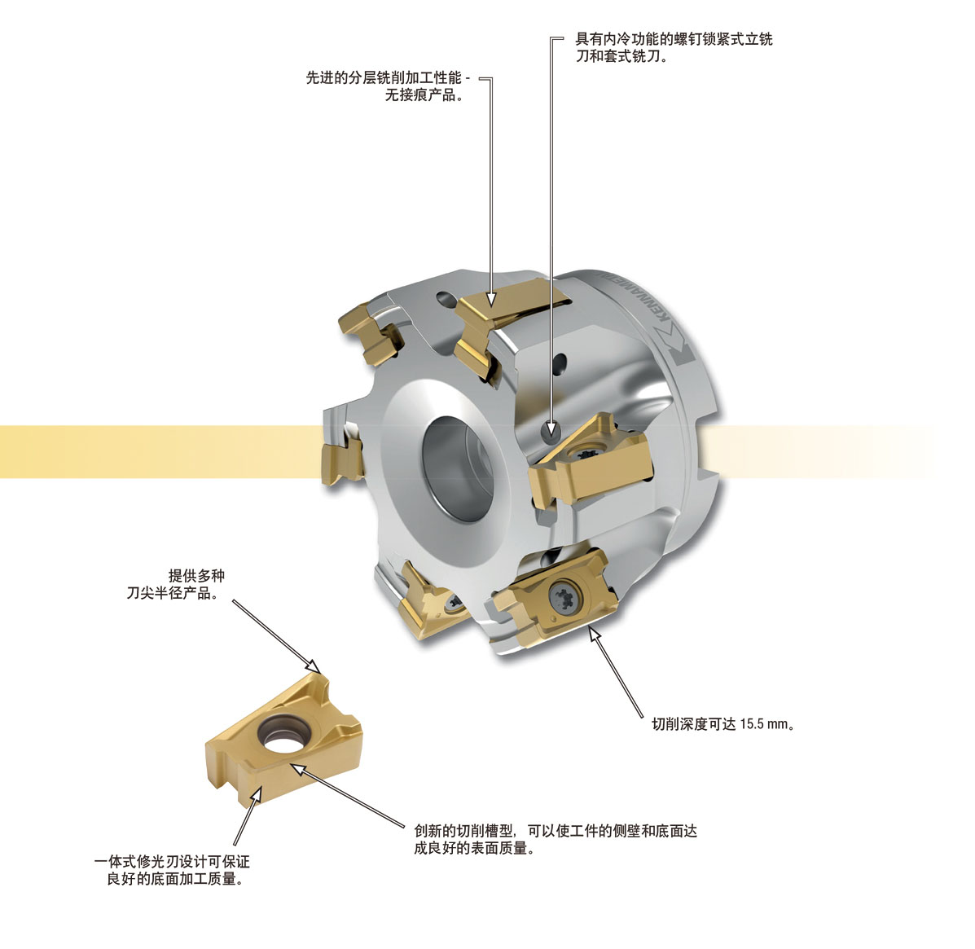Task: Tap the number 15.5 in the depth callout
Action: (x=751, y=724)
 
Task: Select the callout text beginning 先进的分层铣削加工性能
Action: (x=388, y=86)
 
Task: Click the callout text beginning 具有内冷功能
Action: (x=674, y=47)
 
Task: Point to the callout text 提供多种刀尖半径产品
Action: (x=175, y=585)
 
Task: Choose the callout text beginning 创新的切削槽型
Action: (x=556, y=840)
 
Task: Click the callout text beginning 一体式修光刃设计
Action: (x=172, y=870)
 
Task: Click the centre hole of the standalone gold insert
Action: (x=282, y=737)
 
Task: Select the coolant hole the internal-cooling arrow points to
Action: (x=551, y=429)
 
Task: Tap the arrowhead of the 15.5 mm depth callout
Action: (x=595, y=634)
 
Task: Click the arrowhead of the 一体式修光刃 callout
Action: (x=256, y=793)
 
